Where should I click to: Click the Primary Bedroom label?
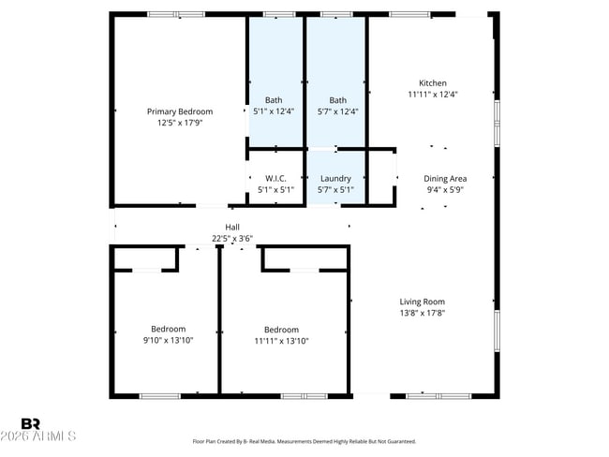pyautogui.click(x=180, y=111)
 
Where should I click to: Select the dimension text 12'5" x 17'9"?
pyautogui.click(x=180, y=122)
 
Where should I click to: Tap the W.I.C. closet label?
pyautogui.click(x=275, y=178)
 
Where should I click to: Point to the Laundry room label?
pyautogui.click(x=335, y=178)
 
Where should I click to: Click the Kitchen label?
pyautogui.click(x=433, y=83)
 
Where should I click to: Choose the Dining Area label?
pyautogui.click(x=445, y=178)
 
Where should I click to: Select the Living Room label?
pyautogui.click(x=422, y=302)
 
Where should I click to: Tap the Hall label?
pyautogui.click(x=232, y=228)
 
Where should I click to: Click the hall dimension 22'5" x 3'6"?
pyautogui.click(x=232, y=239)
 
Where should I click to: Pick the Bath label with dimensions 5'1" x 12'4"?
pyautogui.click(x=274, y=100)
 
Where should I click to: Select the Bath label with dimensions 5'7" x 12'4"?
pyautogui.click(x=337, y=100)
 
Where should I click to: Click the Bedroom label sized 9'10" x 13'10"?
pyautogui.click(x=169, y=329)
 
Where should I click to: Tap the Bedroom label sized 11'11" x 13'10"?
pyautogui.click(x=281, y=330)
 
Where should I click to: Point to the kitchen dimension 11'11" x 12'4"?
pyautogui.click(x=433, y=95)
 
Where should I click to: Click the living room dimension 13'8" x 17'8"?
pyautogui.click(x=422, y=313)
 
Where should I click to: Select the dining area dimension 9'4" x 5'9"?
pyautogui.click(x=445, y=189)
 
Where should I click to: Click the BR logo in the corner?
pyautogui.click(x=30, y=424)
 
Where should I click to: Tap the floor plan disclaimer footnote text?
pyautogui.click(x=304, y=441)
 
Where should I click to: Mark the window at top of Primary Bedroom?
pyautogui.click(x=176, y=14)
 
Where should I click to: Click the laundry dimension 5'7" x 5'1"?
pyautogui.click(x=335, y=189)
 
